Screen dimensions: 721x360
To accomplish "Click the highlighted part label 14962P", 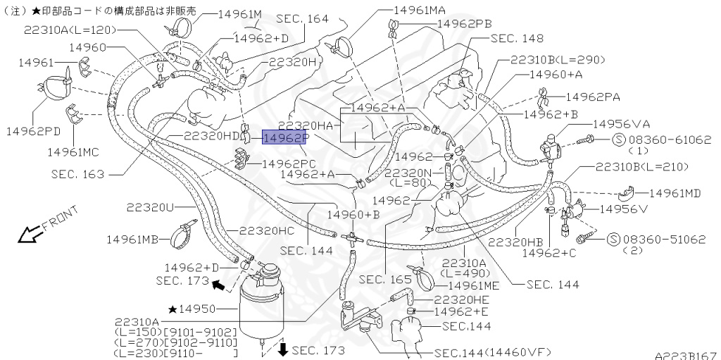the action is coord(285,137).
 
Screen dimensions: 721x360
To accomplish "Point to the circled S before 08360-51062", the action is coord(612,240).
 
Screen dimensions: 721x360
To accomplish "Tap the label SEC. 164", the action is coord(302,18).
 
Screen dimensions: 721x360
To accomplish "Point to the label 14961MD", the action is coord(675,192).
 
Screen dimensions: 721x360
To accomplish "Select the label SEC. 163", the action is coord(77,173).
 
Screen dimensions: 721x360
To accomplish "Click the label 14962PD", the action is coord(33,131).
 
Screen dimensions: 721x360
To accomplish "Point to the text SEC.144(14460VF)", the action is coord(492,352).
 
